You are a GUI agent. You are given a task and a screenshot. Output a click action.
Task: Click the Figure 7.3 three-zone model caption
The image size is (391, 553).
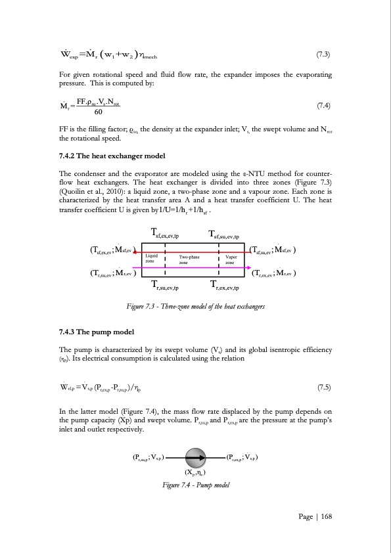pos(195,306)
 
